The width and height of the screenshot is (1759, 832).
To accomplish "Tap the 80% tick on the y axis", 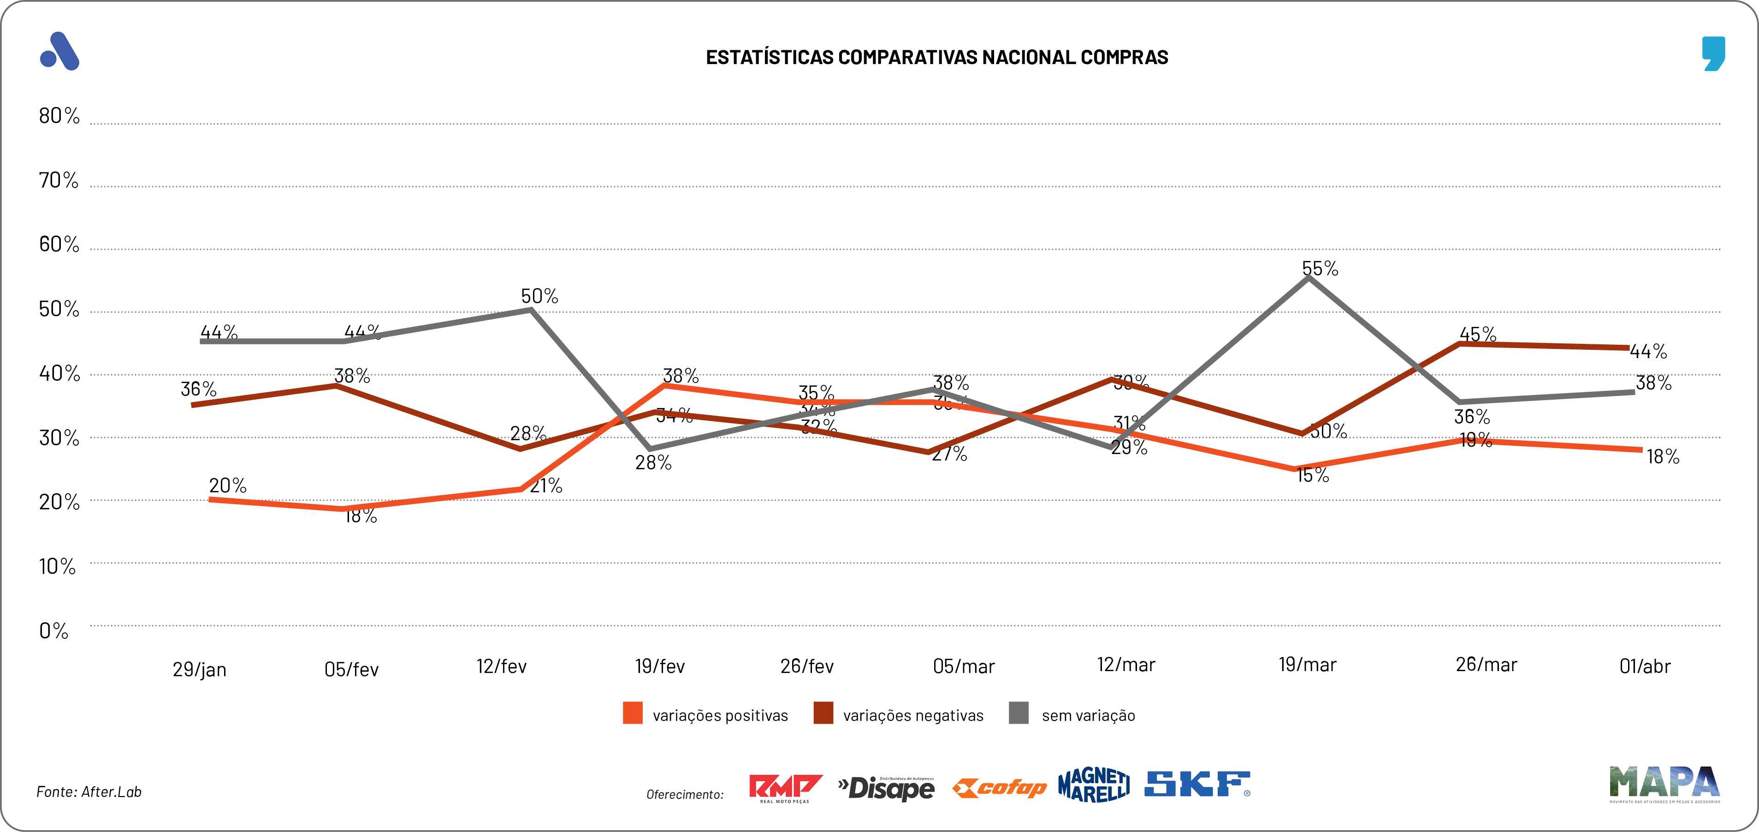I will tap(59, 116).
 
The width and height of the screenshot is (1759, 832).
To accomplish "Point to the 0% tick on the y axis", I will tap(53, 631).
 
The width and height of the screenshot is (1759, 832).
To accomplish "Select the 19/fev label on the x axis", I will tap(660, 666).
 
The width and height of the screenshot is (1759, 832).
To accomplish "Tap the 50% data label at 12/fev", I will tap(539, 296).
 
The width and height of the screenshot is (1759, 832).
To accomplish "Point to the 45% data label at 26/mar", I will tap(1478, 335).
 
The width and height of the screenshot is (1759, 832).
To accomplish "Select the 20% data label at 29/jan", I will tap(227, 486).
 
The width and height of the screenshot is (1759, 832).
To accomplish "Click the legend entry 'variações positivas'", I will tap(720, 715).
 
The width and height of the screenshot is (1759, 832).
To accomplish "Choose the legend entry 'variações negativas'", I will tap(913, 715).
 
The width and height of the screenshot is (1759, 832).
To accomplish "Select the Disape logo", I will tap(886, 788).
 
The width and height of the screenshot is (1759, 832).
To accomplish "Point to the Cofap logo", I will tap(999, 788).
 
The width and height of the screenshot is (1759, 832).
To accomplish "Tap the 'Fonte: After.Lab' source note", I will tap(89, 792).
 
